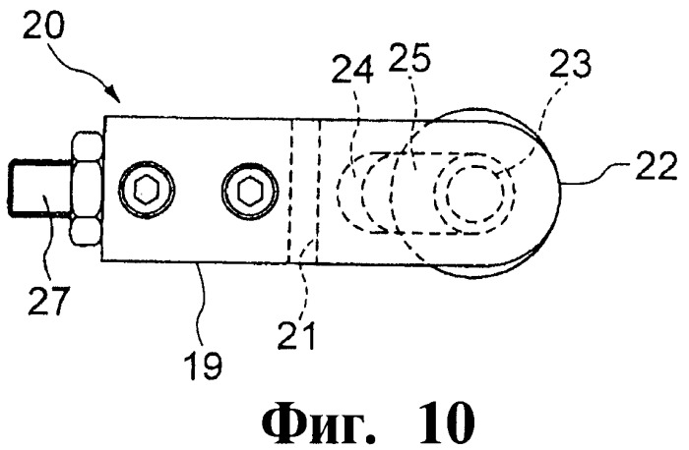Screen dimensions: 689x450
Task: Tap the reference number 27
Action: pyautogui.click(x=49, y=302)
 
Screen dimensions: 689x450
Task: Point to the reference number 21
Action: pyautogui.click(x=297, y=335)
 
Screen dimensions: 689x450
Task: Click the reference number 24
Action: pyautogui.click(x=352, y=69)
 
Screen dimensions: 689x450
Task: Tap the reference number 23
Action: pyautogui.click(x=571, y=64)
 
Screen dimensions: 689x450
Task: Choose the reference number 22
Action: pyautogui.click(x=657, y=165)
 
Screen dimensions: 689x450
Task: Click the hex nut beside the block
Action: pyautogui.click(x=87, y=189)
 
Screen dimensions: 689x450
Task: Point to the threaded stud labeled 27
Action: pyautogui.click(x=39, y=189)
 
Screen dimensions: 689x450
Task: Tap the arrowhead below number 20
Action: pyautogui.click(x=113, y=93)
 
